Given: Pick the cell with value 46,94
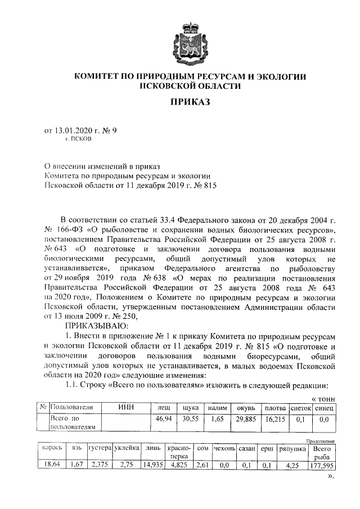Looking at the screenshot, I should pyautogui.click(x=164, y=419).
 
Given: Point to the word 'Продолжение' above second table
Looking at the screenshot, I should pyautogui.click(x=321, y=442).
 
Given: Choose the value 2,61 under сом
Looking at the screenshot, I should pyautogui.click(x=203, y=465).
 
